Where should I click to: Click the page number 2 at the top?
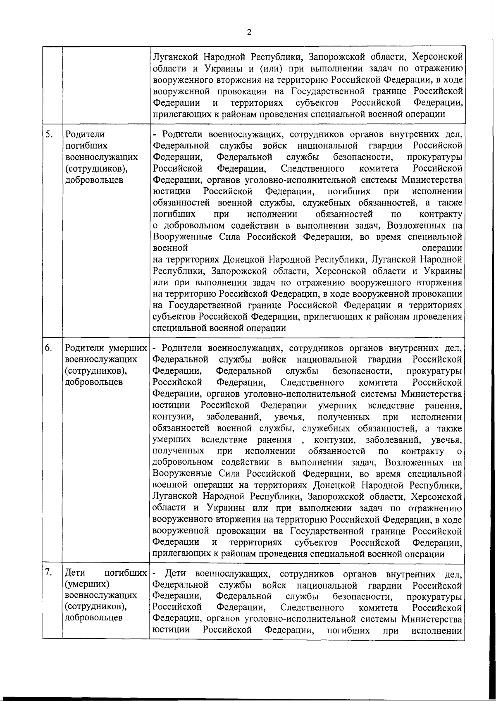[x=249, y=32]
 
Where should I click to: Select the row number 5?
[x=49, y=134]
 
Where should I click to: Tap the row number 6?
[x=49, y=348]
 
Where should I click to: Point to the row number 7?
[x=49, y=572]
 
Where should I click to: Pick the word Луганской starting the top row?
[x=174, y=57]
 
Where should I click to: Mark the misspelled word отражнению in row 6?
[x=435, y=508]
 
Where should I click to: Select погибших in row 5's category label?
[x=86, y=145]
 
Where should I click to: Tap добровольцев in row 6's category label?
[x=94, y=382]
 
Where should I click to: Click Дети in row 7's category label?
[x=75, y=573]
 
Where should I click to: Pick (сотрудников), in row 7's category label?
[x=95, y=607]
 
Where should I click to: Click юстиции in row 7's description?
[x=171, y=630]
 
